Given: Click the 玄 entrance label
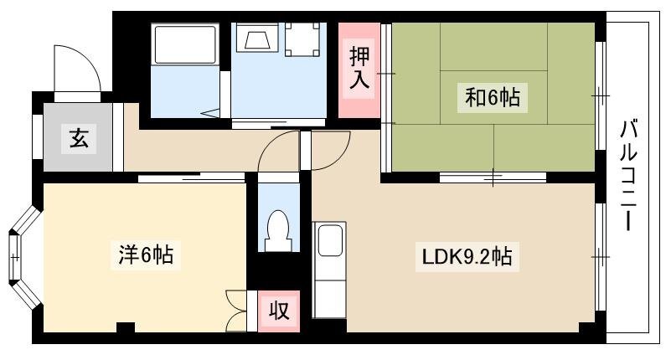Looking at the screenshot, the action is [x=80, y=138].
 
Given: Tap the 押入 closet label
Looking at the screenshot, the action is [x=359, y=69].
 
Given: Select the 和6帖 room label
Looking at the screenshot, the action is [x=492, y=98].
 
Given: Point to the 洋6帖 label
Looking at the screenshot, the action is [x=146, y=255].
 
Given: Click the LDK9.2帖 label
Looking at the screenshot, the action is [x=467, y=257].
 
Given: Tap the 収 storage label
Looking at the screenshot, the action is [x=279, y=311].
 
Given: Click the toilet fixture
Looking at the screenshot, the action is [x=279, y=231].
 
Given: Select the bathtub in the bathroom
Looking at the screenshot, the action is [x=185, y=45].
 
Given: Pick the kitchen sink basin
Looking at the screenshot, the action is [x=330, y=241].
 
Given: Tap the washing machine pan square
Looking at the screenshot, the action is [x=303, y=39].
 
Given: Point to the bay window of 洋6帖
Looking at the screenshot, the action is [x=22, y=257].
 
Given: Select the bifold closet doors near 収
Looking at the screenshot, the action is [x=235, y=311].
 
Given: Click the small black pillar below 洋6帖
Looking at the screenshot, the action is [x=126, y=327].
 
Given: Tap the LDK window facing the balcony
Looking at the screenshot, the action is [x=601, y=257].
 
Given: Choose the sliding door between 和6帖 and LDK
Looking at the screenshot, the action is [x=493, y=177].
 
